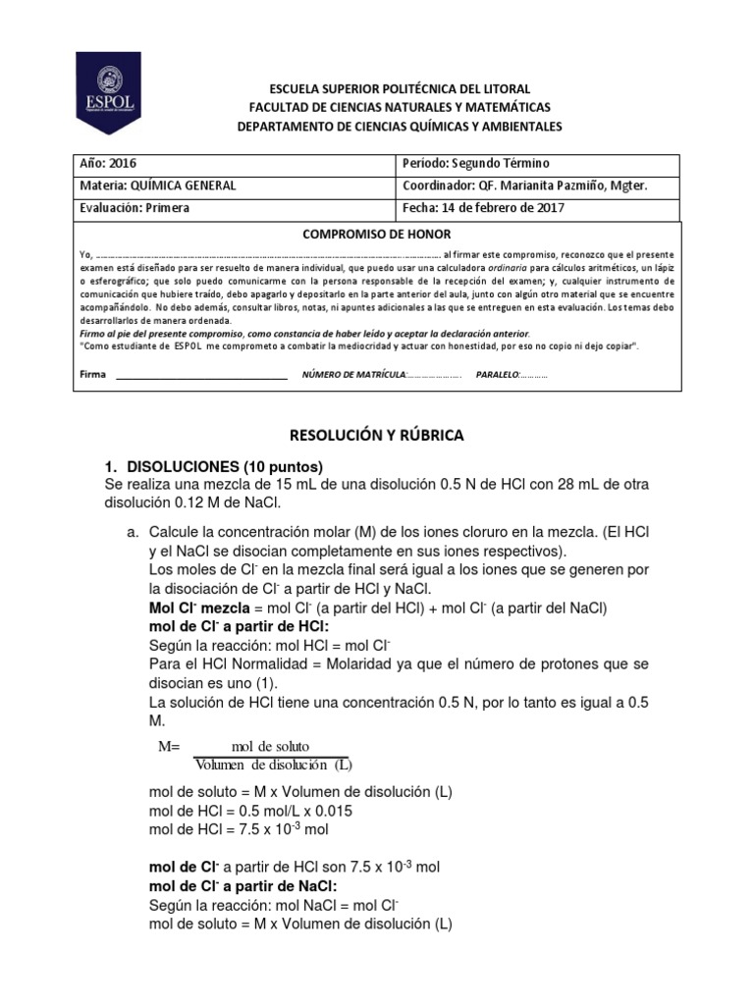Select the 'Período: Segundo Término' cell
[x=476, y=163]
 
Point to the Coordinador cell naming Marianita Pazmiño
[x=525, y=185]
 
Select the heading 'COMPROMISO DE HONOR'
[x=376, y=235]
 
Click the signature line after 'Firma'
[x=201, y=375]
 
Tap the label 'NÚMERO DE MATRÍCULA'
[x=352, y=375]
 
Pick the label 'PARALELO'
[x=495, y=375]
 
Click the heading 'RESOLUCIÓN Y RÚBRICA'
[x=376, y=434]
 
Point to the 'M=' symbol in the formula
[x=171, y=746]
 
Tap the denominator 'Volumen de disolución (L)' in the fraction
[x=273, y=766]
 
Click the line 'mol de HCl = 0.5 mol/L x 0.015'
[x=250, y=811]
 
